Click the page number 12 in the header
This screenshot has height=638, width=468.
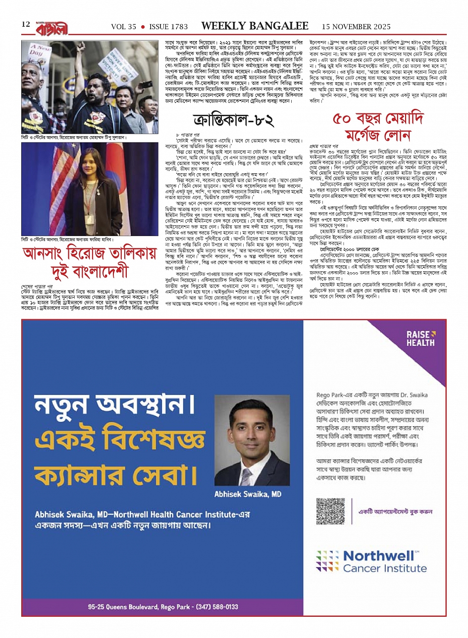(26, 25)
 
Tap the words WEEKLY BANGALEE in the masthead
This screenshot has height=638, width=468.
(255, 26)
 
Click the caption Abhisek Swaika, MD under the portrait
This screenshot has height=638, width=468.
(248, 494)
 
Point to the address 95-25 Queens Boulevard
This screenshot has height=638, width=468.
(123, 607)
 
